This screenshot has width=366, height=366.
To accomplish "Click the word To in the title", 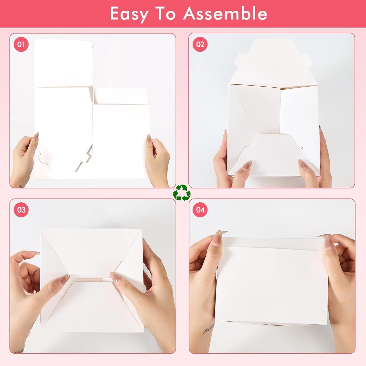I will point(166,14).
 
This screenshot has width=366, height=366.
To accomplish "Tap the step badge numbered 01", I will point(21,45).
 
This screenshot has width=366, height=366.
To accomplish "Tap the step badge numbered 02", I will point(200,45).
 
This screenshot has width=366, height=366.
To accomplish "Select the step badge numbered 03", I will point(21,210).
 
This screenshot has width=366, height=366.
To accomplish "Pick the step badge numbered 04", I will point(200,210).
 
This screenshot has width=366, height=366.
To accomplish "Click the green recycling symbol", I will point(182,193).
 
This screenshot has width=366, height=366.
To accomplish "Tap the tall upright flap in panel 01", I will point(63,63).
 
